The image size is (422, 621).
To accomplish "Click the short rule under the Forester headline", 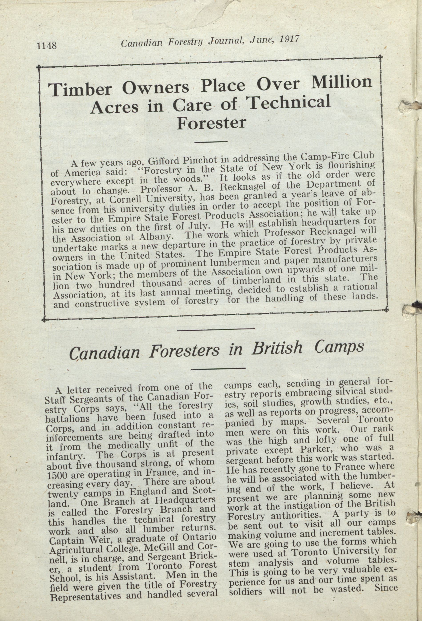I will [x=211, y=142].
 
